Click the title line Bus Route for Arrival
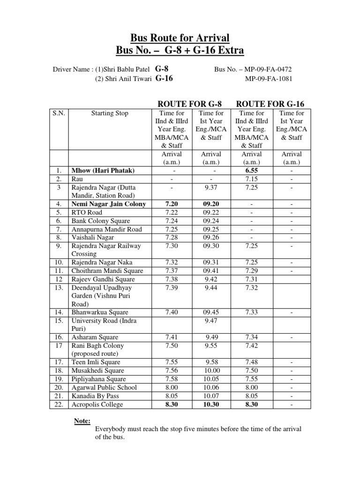[x=180, y=37]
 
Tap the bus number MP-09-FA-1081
[x=269, y=78]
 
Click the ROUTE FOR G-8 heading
[x=189, y=103]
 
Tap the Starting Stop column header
[x=109, y=113]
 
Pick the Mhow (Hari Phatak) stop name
[x=103, y=171]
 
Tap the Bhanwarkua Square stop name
[x=99, y=312]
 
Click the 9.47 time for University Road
[x=213, y=321]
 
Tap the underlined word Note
[x=82, y=421]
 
